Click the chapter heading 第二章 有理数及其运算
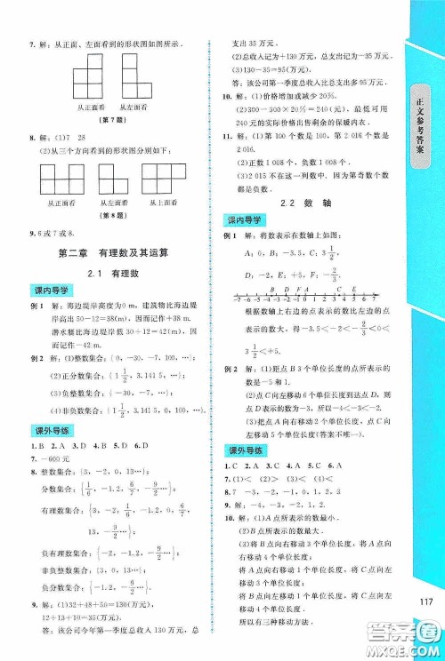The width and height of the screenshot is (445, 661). click(111, 251)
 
